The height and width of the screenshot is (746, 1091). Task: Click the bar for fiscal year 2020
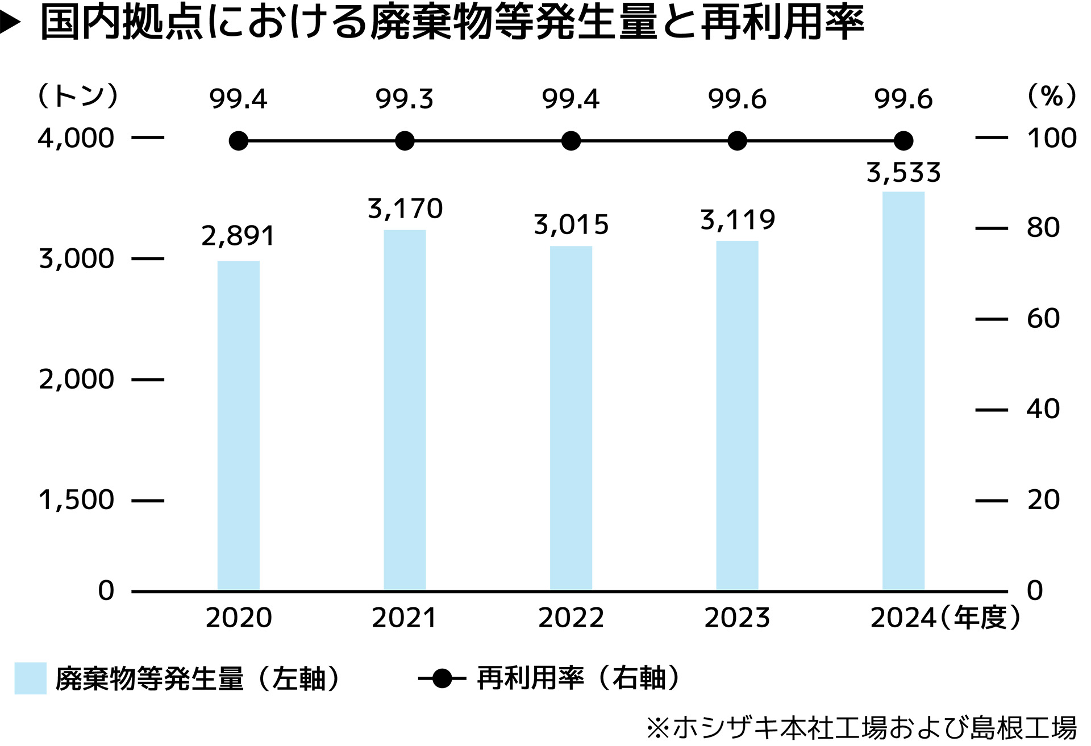pyautogui.click(x=239, y=426)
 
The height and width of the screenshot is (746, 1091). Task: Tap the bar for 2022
pyautogui.click(x=571, y=418)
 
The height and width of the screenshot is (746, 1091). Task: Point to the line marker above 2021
pyautogui.click(x=405, y=140)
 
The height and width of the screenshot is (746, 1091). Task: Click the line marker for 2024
pyautogui.click(x=903, y=140)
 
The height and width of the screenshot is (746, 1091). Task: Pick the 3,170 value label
pyautogui.click(x=405, y=209)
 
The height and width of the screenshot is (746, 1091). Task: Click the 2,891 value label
pyautogui.click(x=238, y=236)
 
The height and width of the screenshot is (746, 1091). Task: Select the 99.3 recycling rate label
pyautogui.click(x=404, y=99)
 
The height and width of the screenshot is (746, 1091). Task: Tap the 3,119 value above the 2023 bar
pyautogui.click(x=737, y=220)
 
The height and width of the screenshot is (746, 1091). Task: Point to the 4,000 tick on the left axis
pyautogui.click(x=76, y=138)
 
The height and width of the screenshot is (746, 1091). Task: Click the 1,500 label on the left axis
pyautogui.click(x=76, y=501)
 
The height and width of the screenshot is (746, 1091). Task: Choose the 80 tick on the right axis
pyautogui.click(x=1043, y=228)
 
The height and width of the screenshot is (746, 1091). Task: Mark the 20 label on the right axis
pyautogui.click(x=1043, y=501)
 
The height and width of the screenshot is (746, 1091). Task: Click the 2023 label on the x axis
pyautogui.click(x=737, y=618)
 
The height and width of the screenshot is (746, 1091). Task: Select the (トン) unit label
pyautogui.click(x=78, y=95)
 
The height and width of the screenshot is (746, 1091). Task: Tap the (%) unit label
pyautogui.click(x=1052, y=95)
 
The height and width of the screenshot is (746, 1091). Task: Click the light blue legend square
pyautogui.click(x=30, y=678)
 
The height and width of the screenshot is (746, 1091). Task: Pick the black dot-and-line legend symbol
pyautogui.click(x=442, y=678)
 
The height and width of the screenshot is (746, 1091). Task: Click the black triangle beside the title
pyautogui.click(x=10, y=23)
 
